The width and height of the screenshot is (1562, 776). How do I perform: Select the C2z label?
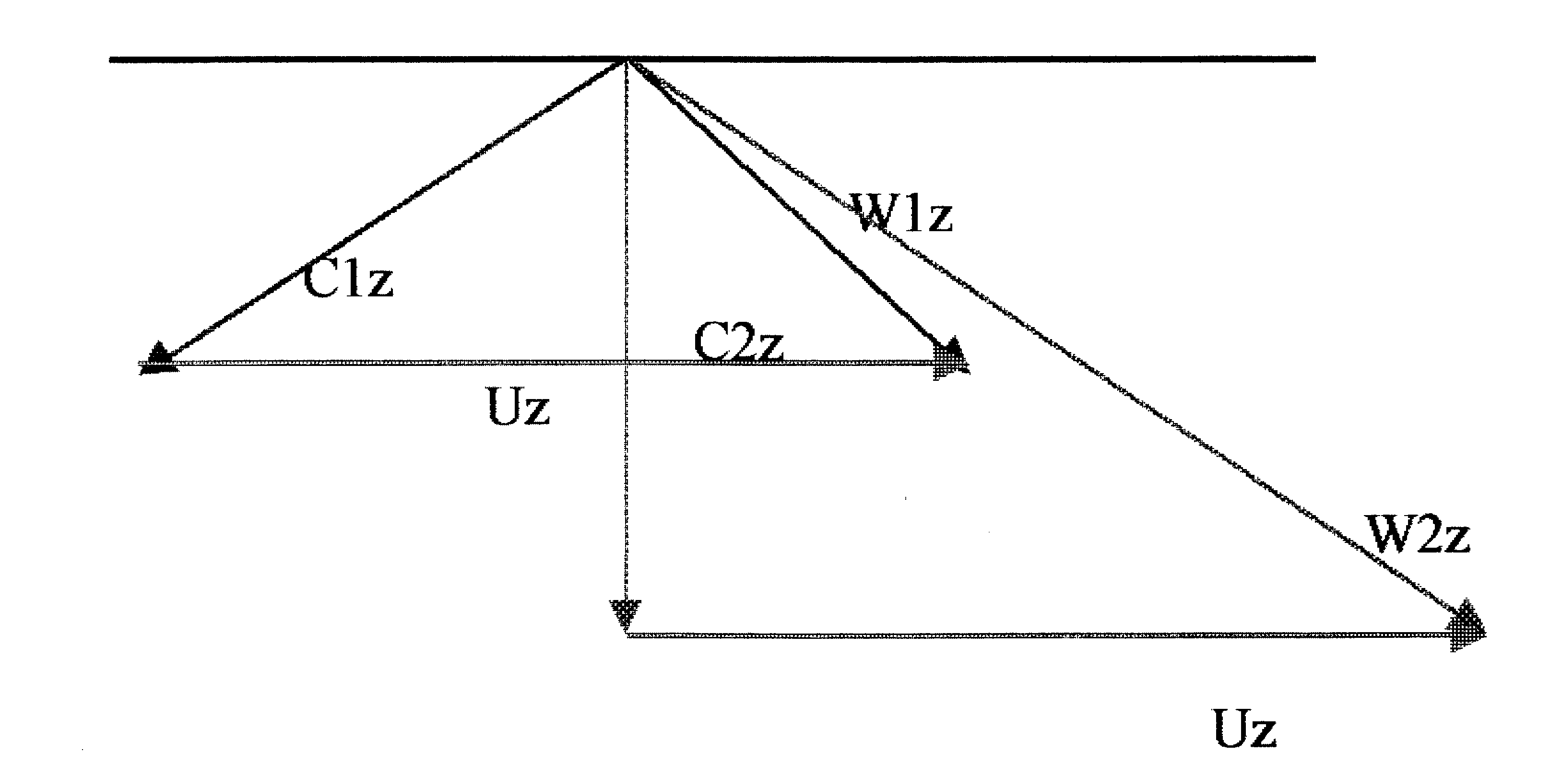pos(738,342)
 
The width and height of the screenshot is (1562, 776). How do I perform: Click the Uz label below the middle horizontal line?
pos(519,407)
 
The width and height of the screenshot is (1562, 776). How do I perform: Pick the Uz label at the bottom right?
pos(1245,728)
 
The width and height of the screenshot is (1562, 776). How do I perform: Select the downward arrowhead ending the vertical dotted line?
pos(625,615)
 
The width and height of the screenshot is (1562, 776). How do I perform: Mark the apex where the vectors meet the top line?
pos(628,60)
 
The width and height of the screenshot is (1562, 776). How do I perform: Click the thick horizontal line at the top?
pos(364,59)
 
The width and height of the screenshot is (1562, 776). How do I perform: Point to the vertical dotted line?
pos(626,485)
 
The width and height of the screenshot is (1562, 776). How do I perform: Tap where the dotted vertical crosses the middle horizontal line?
pos(626,363)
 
